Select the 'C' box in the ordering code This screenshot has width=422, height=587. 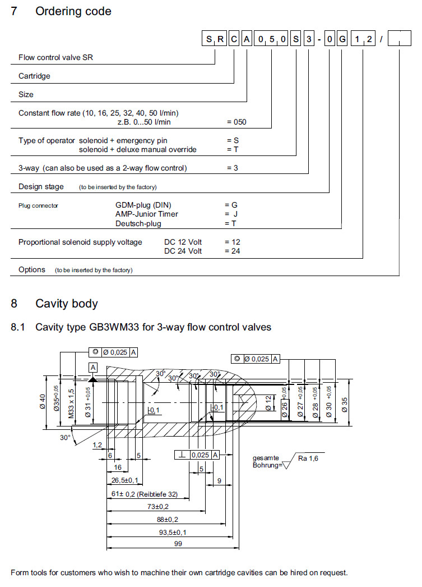tap(234, 40)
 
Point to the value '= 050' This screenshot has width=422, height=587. tap(236, 122)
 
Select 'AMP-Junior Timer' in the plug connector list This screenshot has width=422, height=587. tap(147, 214)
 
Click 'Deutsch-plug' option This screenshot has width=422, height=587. tap(138, 223)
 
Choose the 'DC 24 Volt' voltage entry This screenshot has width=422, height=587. tap(183, 251)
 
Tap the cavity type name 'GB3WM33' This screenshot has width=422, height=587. tap(115, 327)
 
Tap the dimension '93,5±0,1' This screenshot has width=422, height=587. tap(174, 532)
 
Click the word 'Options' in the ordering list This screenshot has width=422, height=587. tap(32, 269)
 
